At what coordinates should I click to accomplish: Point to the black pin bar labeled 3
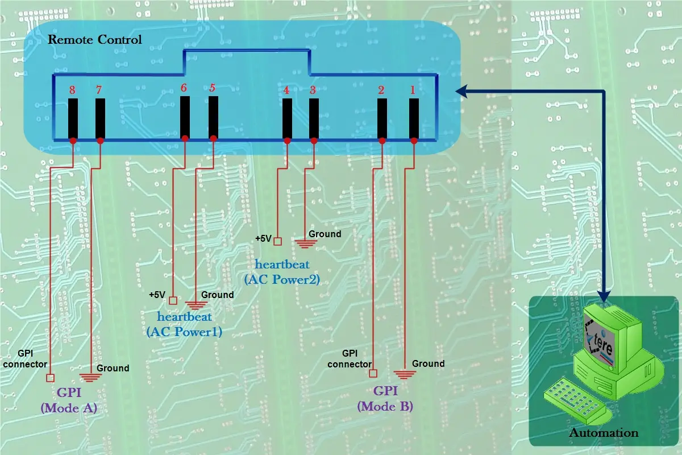pyautogui.click(x=314, y=118)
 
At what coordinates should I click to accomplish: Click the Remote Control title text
pyautogui.click(x=94, y=40)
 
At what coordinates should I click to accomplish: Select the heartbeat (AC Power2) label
pyautogui.click(x=282, y=272)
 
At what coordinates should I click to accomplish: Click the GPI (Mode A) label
pyautogui.click(x=77, y=400)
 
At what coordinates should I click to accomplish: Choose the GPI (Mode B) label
pyautogui.click(x=385, y=399)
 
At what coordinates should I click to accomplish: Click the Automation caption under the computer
pyautogui.click(x=604, y=433)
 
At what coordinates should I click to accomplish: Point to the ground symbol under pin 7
pyautogui.click(x=89, y=377)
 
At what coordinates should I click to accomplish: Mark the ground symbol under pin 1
pyautogui.click(x=404, y=374)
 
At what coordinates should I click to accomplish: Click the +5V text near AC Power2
pyautogui.click(x=263, y=239)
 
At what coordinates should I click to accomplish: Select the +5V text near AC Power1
pyautogui.click(x=157, y=295)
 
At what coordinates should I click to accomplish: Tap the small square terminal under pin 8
pyautogui.click(x=50, y=378)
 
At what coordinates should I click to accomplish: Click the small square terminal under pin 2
pyautogui.click(x=373, y=374)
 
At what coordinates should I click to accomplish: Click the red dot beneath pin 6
pyautogui.click(x=185, y=138)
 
